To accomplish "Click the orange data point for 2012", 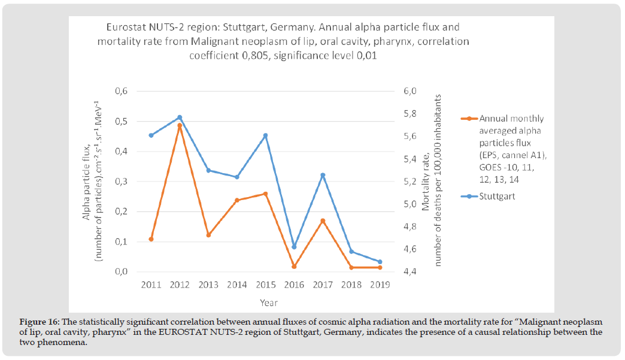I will pos(180,126).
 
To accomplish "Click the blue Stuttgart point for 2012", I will pos(180,117).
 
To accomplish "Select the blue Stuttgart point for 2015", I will pos(265,135).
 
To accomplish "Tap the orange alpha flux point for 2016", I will pos(294,267).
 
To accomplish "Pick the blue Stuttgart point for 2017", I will pos(323,175).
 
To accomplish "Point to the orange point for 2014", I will pos(237,200).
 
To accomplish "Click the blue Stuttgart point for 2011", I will pos(151,135).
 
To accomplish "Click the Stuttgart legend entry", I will pos(497,195).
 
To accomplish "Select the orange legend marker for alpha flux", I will pos(470,119).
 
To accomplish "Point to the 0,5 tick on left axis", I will pos(122,122).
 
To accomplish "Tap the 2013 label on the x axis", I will pos(208,285).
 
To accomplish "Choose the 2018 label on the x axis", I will pos(351,285).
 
